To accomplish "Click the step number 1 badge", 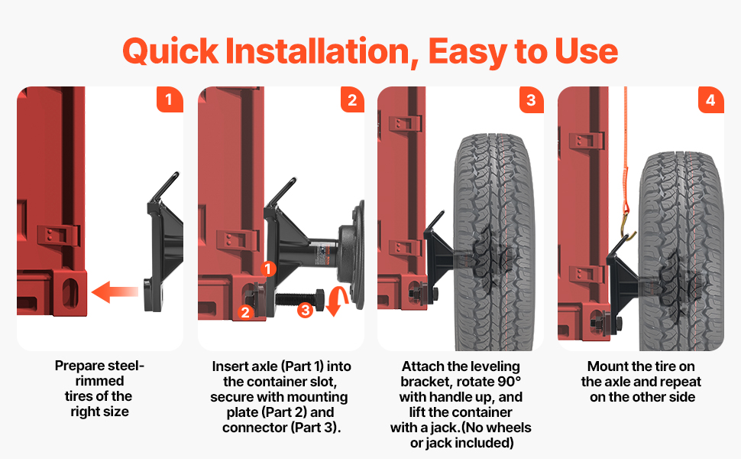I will tap(170, 99).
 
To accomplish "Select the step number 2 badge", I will tap(351, 99).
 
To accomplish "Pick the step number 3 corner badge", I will tap(531, 99).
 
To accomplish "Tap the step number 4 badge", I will tap(710, 99).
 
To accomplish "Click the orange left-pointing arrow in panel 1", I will tap(115, 291).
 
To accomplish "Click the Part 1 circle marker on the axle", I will tap(268, 269).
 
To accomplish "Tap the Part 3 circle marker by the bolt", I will tap(305, 310).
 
